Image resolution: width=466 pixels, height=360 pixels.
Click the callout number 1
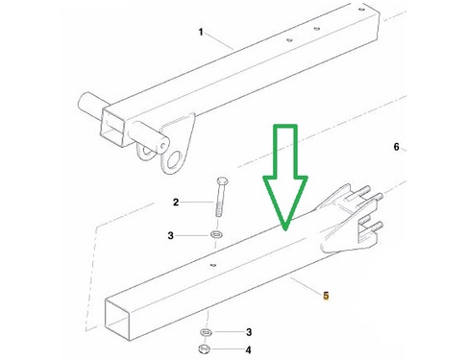pyautogui.click(x=201, y=32)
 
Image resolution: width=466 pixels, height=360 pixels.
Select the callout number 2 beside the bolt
pyautogui.click(x=176, y=203)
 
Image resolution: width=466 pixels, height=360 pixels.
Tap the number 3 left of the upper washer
pyautogui.click(x=170, y=236)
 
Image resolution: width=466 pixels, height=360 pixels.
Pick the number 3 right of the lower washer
pyautogui.click(x=249, y=332)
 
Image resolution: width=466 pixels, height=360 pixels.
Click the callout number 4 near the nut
pyautogui.click(x=248, y=350)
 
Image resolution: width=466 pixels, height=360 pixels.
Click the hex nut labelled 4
pyautogui.click(x=204, y=348)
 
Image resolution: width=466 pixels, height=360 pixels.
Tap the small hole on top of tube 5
pyautogui.click(x=212, y=265)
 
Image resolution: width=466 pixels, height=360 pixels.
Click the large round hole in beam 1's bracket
pyautogui.click(x=176, y=159)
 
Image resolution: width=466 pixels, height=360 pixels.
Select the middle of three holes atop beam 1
pyautogui.click(x=317, y=29)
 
